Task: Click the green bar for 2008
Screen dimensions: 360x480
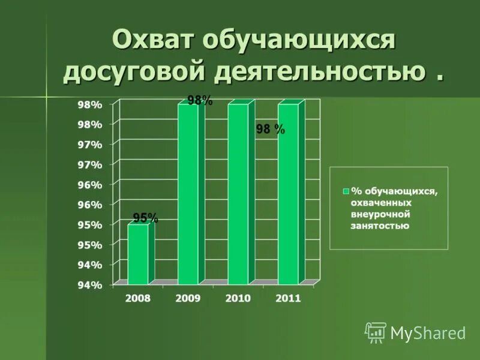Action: point(138,254)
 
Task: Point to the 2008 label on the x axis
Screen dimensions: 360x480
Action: point(138,298)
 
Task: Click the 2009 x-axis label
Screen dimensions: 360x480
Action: point(188,298)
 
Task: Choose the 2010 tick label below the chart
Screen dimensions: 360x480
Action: point(238,298)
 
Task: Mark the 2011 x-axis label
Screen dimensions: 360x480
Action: point(287,298)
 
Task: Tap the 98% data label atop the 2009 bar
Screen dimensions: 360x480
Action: point(200,101)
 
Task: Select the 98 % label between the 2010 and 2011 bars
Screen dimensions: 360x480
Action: point(270,130)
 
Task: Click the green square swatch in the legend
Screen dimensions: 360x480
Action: point(346,191)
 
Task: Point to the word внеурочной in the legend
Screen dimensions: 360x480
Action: point(380,214)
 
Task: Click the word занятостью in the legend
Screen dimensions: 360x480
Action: point(380,226)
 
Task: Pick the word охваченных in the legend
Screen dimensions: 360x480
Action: point(381,203)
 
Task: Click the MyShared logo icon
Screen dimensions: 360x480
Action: point(376,332)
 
